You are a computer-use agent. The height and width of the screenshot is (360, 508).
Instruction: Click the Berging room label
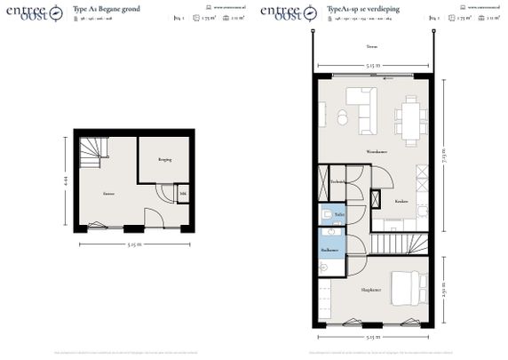tap(164, 160)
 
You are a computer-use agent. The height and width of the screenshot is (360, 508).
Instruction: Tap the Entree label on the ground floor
tap(108, 192)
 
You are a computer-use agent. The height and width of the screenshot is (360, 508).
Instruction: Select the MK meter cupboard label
tap(183, 194)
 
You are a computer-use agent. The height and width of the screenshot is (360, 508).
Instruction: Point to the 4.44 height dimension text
tap(66, 183)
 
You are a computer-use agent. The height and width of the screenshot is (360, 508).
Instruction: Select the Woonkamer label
tap(377, 152)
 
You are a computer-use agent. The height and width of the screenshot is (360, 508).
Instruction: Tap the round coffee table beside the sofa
tap(342, 117)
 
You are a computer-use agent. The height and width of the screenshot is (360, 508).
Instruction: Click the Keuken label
tap(401, 199)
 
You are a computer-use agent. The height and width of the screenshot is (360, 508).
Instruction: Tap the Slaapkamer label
tap(370, 290)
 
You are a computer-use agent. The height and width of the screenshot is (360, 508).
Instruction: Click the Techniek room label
tap(338, 181)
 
